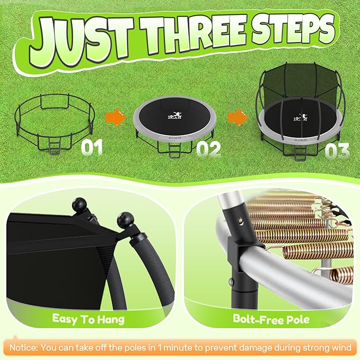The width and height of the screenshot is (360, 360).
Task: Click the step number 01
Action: pos(92,147)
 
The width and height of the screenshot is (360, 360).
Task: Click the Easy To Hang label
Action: pos(89,319)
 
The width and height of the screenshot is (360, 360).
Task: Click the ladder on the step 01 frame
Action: pos(55,145)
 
